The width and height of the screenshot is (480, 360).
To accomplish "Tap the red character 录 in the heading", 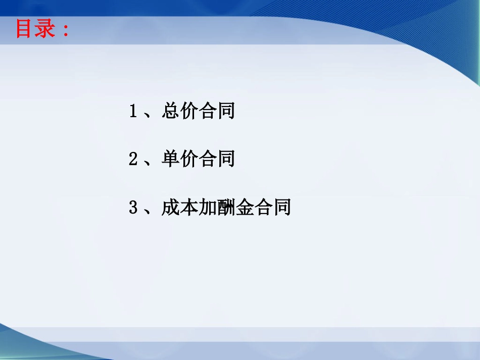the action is [x=45, y=28].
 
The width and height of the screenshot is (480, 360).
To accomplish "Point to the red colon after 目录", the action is [x=65, y=30].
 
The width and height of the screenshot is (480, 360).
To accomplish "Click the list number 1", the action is [x=133, y=111].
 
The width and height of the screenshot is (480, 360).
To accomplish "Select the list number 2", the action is [x=133, y=159].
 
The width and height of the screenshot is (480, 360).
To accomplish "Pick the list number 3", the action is [x=133, y=208].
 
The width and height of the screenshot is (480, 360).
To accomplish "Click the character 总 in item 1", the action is [x=170, y=111].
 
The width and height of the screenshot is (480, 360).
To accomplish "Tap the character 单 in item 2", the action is [x=170, y=159].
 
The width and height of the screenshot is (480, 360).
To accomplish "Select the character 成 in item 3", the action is [x=170, y=207].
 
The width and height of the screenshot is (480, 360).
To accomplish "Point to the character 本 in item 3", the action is [x=189, y=207].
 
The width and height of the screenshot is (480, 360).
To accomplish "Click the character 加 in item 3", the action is [x=208, y=207].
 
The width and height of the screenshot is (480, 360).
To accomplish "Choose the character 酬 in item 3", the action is [x=226, y=207].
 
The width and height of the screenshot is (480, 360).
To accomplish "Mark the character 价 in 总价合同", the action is [x=189, y=111].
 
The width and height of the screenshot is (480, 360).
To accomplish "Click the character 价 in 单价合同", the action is [x=189, y=159].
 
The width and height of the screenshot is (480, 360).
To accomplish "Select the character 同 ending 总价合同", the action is [x=226, y=111].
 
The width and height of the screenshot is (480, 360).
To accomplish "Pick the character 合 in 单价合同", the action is [x=208, y=159].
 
